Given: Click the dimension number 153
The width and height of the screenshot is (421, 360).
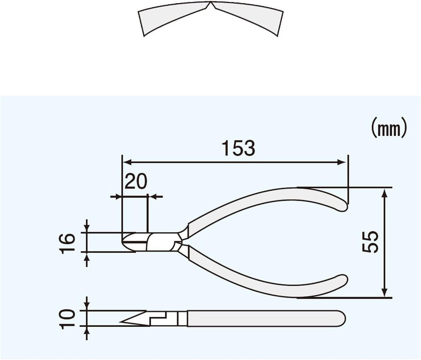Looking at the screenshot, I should (238, 148).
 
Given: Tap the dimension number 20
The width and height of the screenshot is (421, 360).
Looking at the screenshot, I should (136, 181).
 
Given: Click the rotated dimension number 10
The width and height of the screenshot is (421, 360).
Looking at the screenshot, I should (69, 318).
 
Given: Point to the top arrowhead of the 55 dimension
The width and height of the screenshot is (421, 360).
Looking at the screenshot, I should (385, 192).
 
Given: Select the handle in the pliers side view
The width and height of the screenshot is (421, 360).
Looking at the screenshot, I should (265, 318).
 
